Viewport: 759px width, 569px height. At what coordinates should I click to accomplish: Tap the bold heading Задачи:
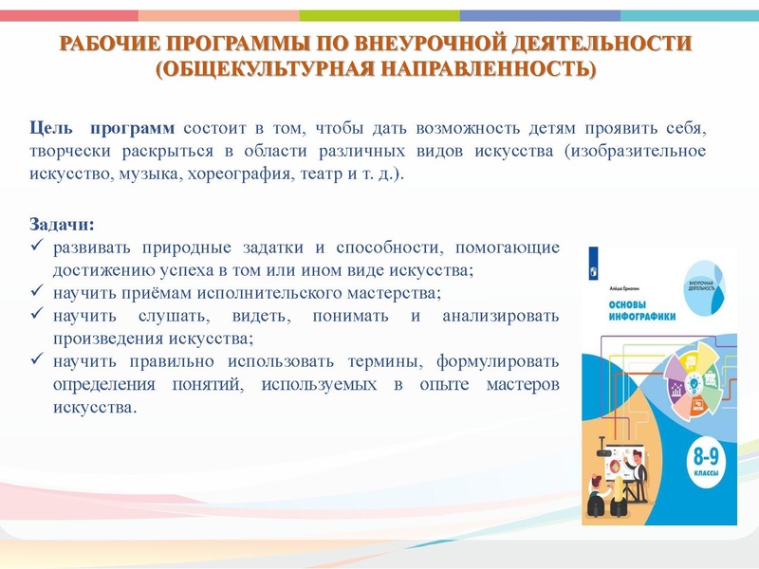pyautogui.click(x=63, y=226)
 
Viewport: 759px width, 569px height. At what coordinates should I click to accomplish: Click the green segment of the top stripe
pyautogui.click(x=379, y=15)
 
